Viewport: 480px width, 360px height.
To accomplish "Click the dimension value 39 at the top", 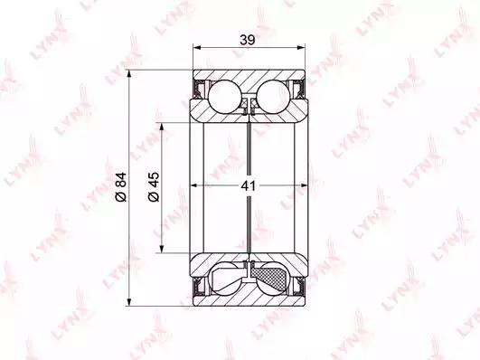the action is click(248, 40).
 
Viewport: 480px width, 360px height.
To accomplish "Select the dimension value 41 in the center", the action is click(248, 185).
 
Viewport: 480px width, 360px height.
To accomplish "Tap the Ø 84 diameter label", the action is click(120, 187).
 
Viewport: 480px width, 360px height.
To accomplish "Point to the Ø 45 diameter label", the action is click(154, 187).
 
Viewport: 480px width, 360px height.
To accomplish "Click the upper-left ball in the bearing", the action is click(225, 97).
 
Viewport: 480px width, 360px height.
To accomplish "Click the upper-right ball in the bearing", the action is click(273, 97).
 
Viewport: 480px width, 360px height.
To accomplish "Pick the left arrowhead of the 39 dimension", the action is click(196, 48).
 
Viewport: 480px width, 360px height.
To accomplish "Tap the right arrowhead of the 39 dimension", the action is click(302, 48).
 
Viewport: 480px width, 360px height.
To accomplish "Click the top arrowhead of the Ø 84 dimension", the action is click(130, 74).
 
